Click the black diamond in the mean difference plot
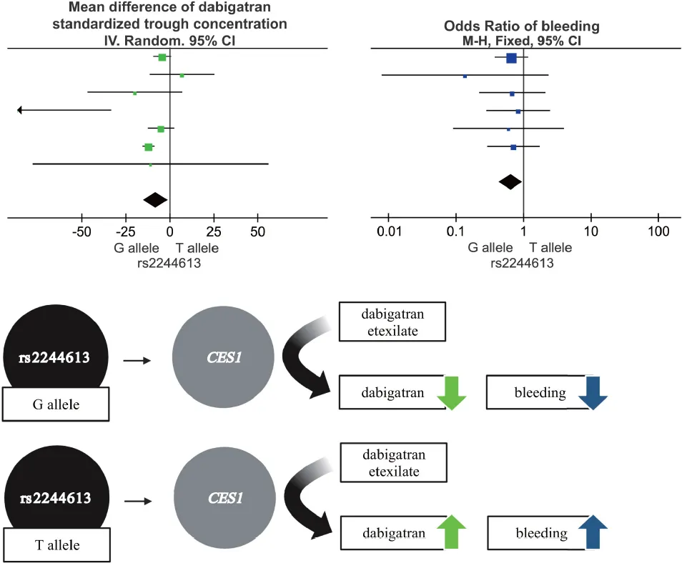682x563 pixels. click(155, 200)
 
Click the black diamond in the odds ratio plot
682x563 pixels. click(510, 182)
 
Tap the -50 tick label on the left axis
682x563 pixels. click(82, 233)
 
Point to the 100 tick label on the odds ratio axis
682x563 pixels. click(658, 233)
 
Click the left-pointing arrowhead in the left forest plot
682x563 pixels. click(20, 110)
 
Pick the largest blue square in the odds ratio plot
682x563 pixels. click(511, 58)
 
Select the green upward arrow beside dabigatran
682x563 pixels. click(450, 532)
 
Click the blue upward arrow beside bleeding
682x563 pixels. click(592, 532)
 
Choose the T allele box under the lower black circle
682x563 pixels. click(55, 545)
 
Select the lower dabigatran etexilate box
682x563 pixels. click(393, 462)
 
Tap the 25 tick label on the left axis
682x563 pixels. click(213, 233)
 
